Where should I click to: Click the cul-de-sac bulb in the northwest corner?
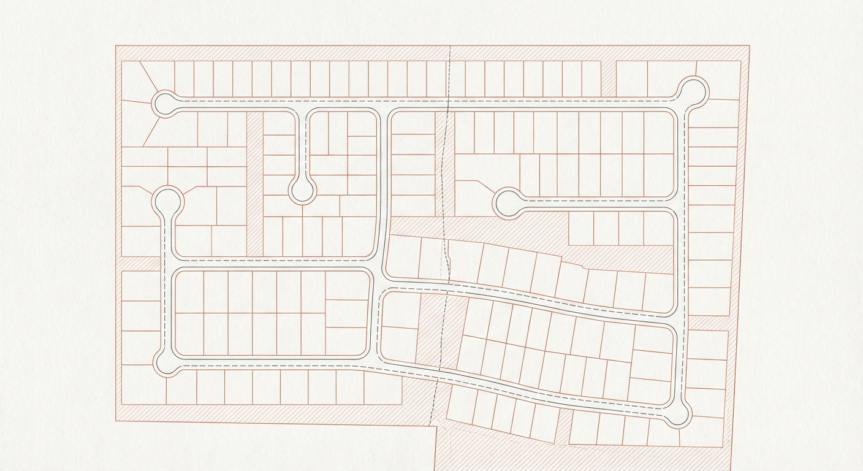[164, 104]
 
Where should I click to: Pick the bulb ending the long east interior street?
[508, 204]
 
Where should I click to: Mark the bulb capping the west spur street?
[167, 201]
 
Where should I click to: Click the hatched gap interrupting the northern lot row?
[608, 78]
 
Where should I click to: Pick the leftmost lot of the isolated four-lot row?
[581, 228]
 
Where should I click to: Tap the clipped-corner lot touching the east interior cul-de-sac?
[475, 197]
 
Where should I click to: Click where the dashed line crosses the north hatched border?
[451, 53]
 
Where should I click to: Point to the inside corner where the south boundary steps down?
[436, 426]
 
